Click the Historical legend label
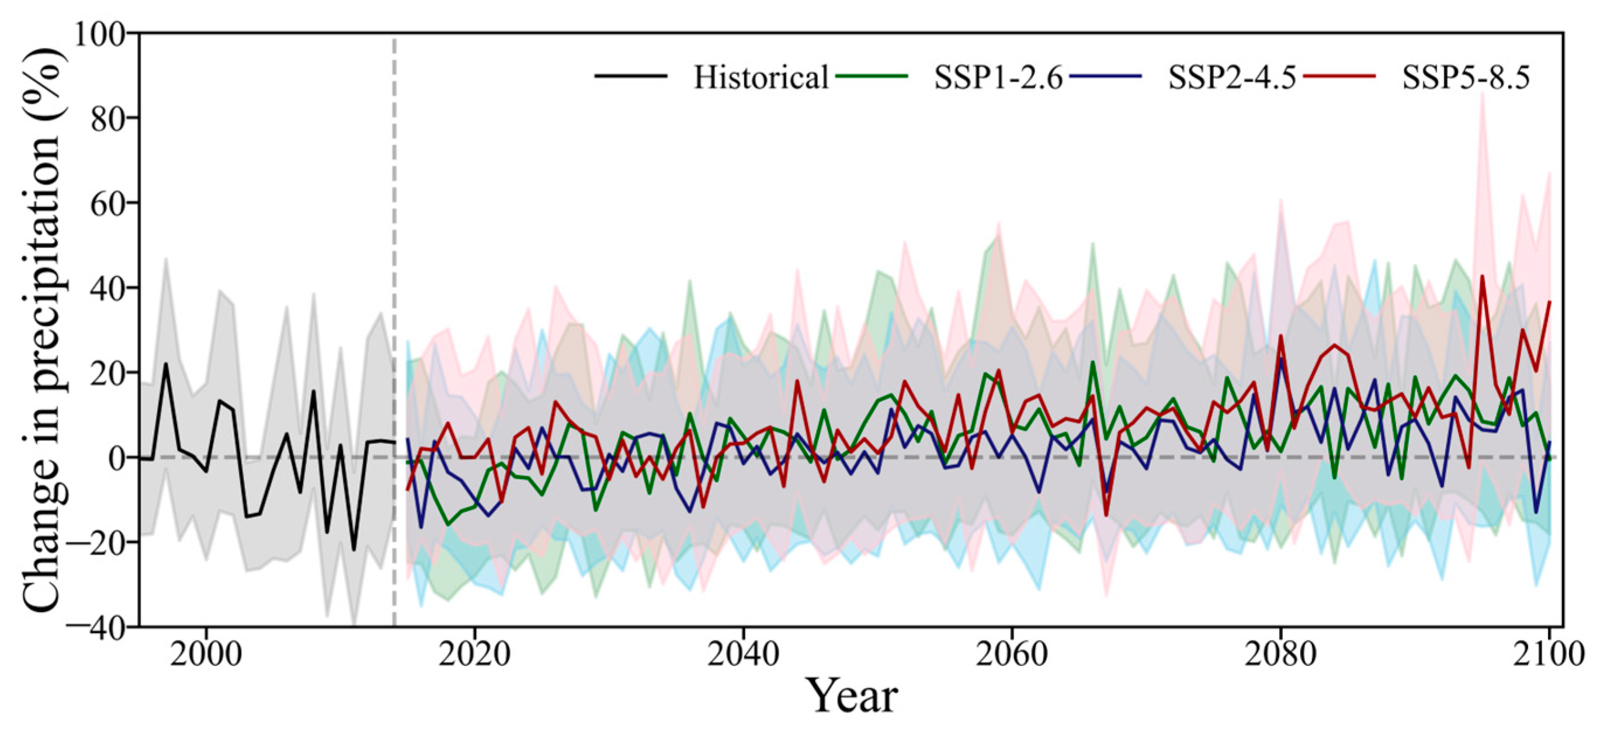tap(761, 78)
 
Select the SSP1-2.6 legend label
tap(998, 78)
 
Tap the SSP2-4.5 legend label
tap(1232, 78)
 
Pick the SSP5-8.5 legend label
tap(1466, 78)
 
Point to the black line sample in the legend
tap(631, 75)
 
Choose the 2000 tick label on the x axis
tap(206, 655)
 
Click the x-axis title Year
tap(852, 695)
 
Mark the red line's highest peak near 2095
tap(1482, 276)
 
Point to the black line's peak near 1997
tap(166, 364)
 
